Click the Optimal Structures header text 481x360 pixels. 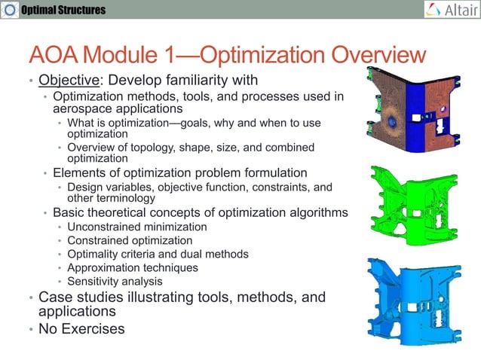[63, 10]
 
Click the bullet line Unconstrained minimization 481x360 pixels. [136, 227]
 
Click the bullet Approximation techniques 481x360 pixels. [133, 267]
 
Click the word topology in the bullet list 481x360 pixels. [152, 147]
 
